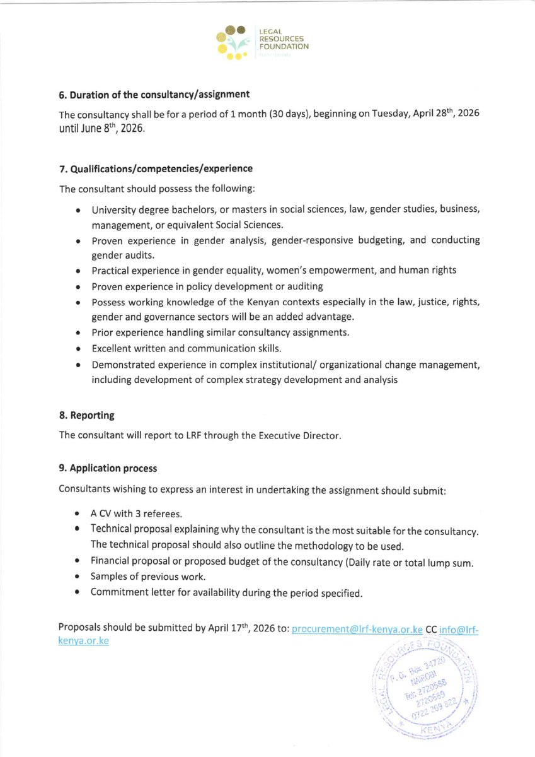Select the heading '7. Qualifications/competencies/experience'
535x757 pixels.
[x=156, y=168]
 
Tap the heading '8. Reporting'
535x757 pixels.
[x=86, y=416]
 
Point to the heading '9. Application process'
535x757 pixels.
[x=108, y=468]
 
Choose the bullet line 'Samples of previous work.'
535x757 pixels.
[x=148, y=576]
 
